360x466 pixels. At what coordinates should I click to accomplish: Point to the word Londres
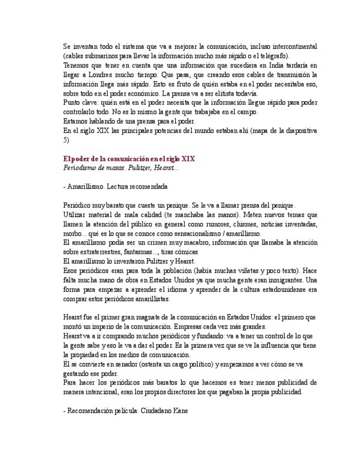[99, 75]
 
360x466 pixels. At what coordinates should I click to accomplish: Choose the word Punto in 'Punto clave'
[71, 103]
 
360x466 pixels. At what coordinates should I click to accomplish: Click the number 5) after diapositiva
[66, 140]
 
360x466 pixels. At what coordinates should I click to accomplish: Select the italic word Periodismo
[82, 168]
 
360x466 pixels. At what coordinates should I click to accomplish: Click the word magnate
[150, 317]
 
